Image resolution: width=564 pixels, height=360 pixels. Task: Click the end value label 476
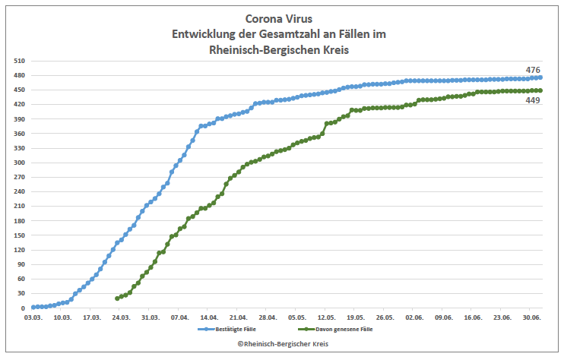(533, 70)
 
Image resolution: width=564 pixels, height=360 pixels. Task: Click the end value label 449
(533, 100)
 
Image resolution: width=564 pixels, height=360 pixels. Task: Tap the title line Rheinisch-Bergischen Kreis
(282, 50)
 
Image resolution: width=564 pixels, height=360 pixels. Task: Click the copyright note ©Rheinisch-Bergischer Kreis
(282, 344)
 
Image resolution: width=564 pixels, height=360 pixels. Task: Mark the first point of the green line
(117, 298)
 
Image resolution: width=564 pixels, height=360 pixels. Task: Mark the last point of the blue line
(540, 77)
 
